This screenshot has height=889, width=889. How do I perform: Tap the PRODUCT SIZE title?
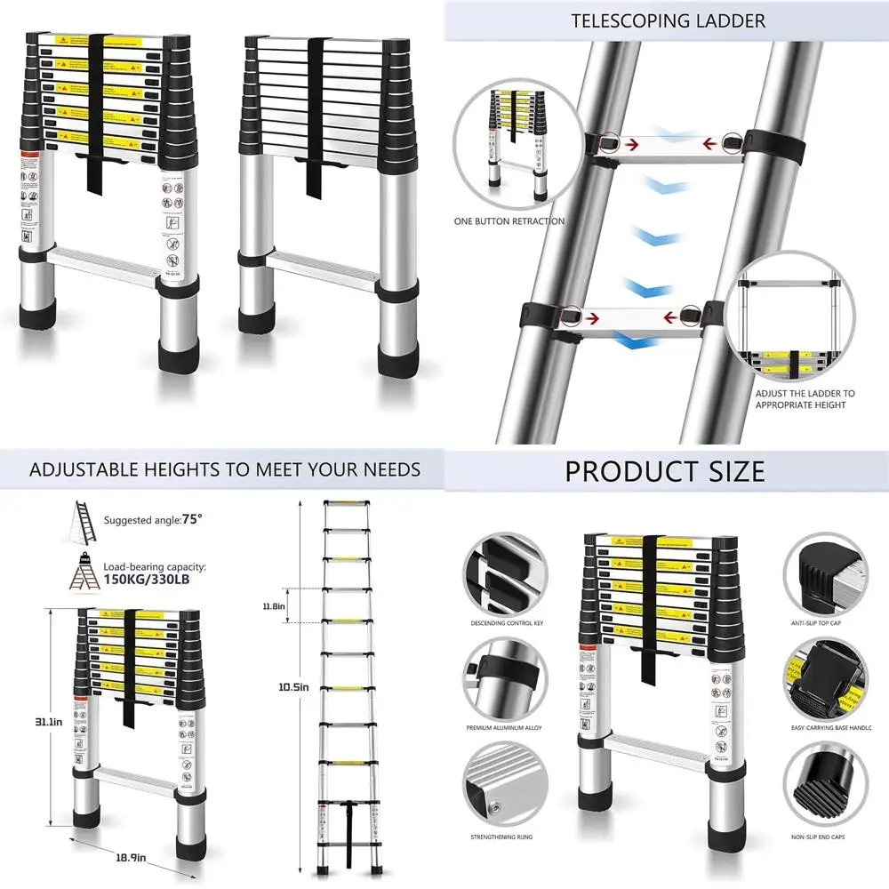[665, 470]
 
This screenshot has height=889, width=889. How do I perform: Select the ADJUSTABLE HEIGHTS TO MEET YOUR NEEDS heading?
[225, 469]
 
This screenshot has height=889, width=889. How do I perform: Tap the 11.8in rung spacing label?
[274, 606]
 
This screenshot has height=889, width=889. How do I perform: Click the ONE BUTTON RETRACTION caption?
[509, 221]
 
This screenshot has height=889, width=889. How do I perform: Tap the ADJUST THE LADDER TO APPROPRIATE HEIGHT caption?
[805, 398]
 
